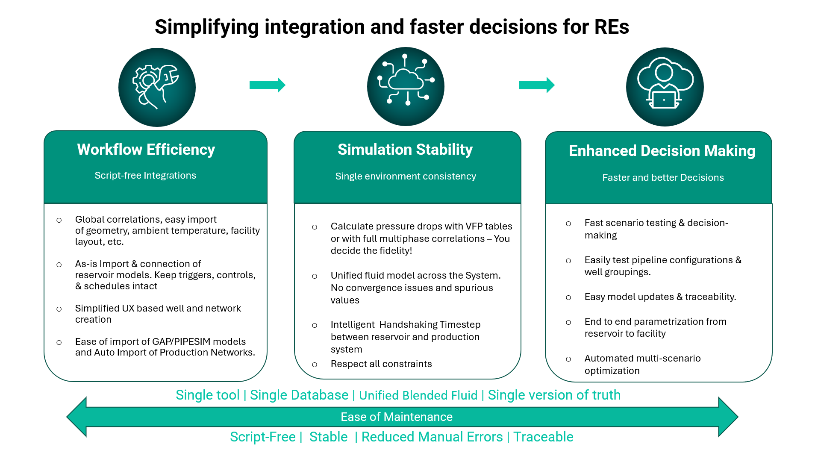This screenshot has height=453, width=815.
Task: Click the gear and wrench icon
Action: pos(157,87)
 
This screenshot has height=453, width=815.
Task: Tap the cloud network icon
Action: pos(406,86)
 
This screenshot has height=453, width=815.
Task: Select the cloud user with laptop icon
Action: pos(665,87)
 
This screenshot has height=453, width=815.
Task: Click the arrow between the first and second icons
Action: pos(267,85)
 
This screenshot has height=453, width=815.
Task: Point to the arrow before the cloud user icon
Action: pos(536,85)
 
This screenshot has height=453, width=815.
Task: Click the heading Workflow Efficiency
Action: pos(146,150)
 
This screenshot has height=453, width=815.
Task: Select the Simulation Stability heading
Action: pos(405,150)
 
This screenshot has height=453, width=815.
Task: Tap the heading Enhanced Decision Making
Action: pos(662,151)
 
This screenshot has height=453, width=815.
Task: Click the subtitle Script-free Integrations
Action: pos(145,175)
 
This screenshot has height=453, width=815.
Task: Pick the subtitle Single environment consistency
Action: pos(406,176)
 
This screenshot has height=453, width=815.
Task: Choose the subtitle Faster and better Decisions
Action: pos(663,177)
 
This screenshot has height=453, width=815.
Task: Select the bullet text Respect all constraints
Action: pos(381,364)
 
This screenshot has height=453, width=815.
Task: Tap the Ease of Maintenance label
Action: pos(396,417)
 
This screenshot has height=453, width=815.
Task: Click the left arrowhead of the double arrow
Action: pos(77,417)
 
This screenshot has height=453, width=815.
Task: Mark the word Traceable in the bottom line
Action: pos(543,437)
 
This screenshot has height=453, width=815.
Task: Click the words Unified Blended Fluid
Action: pos(418,395)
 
